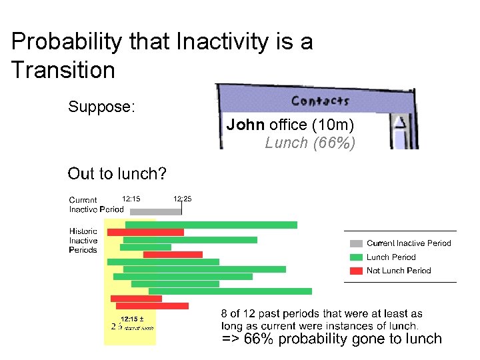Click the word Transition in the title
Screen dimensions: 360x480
point(63,69)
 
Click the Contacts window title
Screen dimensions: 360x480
point(320,101)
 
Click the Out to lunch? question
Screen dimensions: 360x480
point(117,174)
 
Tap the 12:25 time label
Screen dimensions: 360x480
point(182,198)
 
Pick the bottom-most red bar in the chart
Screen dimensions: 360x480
point(153,306)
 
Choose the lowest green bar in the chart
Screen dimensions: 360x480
point(230,291)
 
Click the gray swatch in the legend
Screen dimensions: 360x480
point(356,243)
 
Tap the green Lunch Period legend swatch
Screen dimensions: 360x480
point(356,257)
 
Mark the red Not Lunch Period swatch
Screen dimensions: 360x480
point(356,271)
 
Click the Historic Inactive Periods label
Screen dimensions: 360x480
point(83,241)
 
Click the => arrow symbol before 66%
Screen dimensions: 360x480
point(229,339)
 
